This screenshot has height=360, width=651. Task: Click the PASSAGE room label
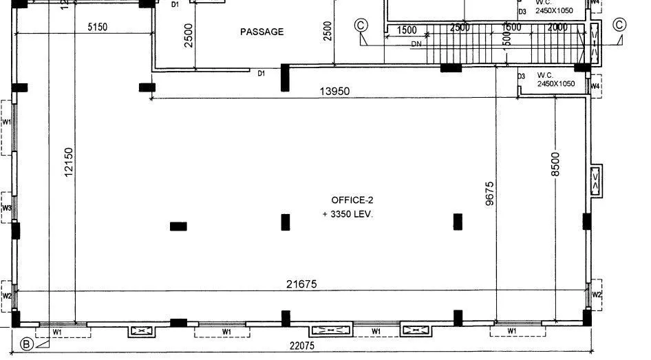tap(262, 32)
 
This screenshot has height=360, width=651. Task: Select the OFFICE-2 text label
tap(352, 200)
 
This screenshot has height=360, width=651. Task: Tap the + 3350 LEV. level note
tap(348, 214)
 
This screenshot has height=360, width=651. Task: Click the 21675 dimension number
tap(302, 284)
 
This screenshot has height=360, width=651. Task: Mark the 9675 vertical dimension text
tap(489, 193)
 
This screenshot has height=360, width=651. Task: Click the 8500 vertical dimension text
tap(555, 164)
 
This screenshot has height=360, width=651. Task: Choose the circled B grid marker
tap(27, 344)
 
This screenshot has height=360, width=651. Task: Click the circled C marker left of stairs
tap(361, 25)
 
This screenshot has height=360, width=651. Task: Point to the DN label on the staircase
tap(416, 44)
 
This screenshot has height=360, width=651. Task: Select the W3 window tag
tap(7, 207)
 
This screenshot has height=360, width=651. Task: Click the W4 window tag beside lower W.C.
tap(596, 86)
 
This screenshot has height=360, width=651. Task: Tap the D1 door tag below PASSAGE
tap(262, 73)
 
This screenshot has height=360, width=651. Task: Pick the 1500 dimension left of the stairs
tap(407, 30)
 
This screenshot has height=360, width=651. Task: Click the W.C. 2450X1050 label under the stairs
tap(555, 79)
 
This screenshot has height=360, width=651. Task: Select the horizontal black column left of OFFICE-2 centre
tap(178, 226)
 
